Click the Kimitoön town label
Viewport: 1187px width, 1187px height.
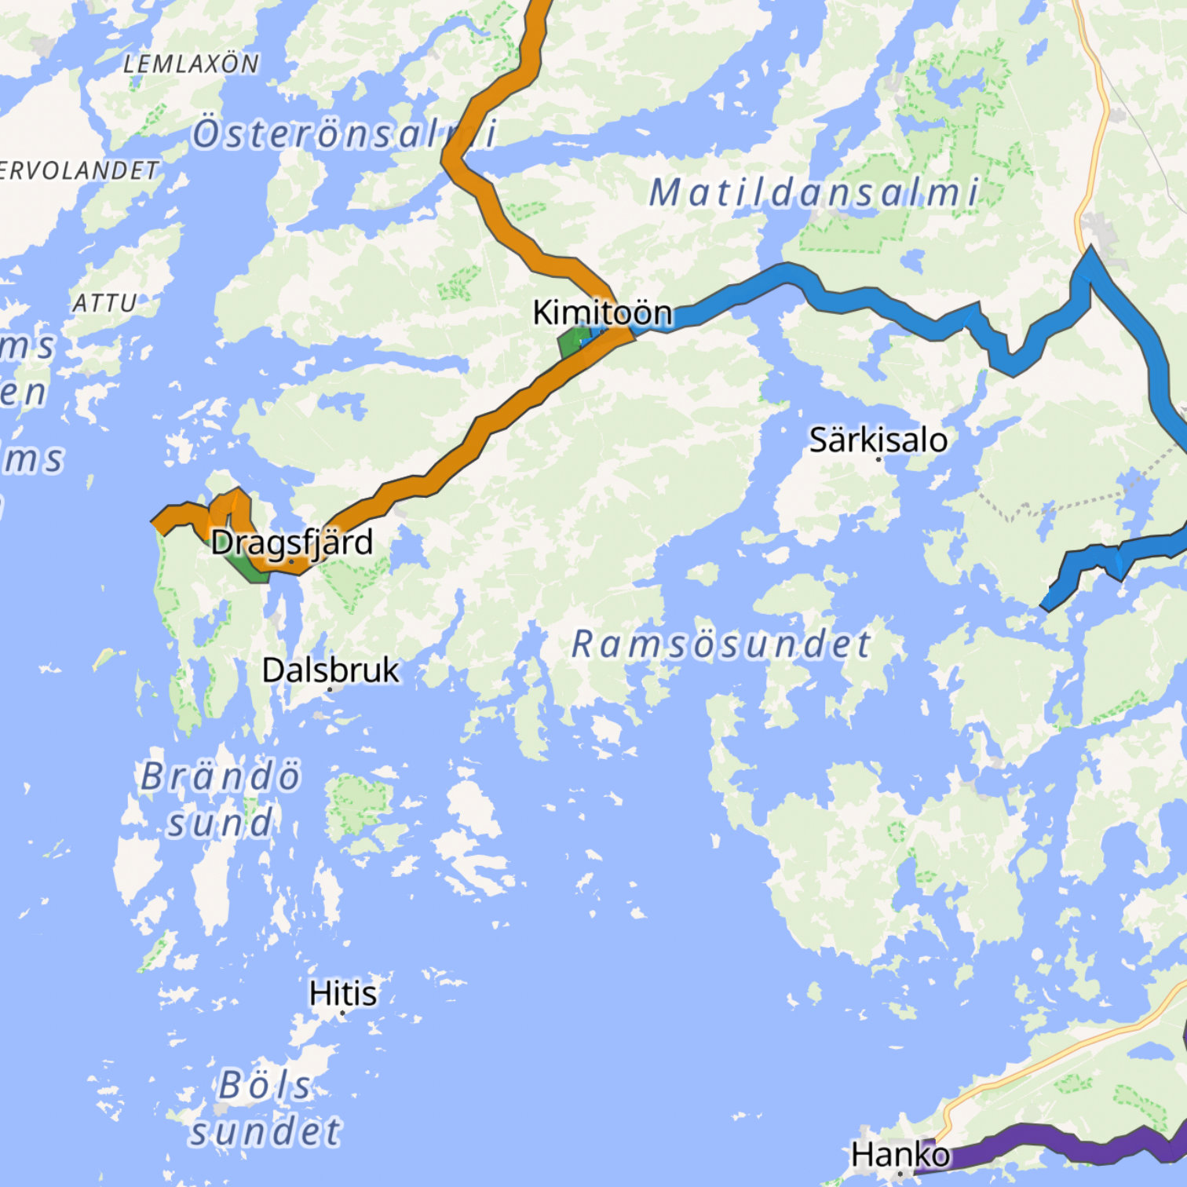tap(602, 312)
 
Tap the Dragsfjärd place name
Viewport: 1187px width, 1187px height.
tap(291, 542)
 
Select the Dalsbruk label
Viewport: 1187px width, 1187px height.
tap(331, 670)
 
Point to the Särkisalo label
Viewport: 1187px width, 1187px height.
tap(878, 440)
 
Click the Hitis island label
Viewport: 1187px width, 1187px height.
tap(343, 993)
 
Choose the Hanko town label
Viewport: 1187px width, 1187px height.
tap(900, 1155)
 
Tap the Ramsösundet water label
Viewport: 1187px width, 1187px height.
tap(721, 645)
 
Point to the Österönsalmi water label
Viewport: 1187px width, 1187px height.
tap(345, 133)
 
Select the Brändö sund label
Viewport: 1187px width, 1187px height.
tap(221, 799)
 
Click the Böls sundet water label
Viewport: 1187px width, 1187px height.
tap(265, 1108)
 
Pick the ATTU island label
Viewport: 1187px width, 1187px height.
tap(104, 303)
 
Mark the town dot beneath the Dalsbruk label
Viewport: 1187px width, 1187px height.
tap(331, 689)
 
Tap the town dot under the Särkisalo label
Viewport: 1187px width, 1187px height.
tap(878, 458)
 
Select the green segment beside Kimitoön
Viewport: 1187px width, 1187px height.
tap(572, 342)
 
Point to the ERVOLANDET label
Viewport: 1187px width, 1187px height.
tap(79, 170)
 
